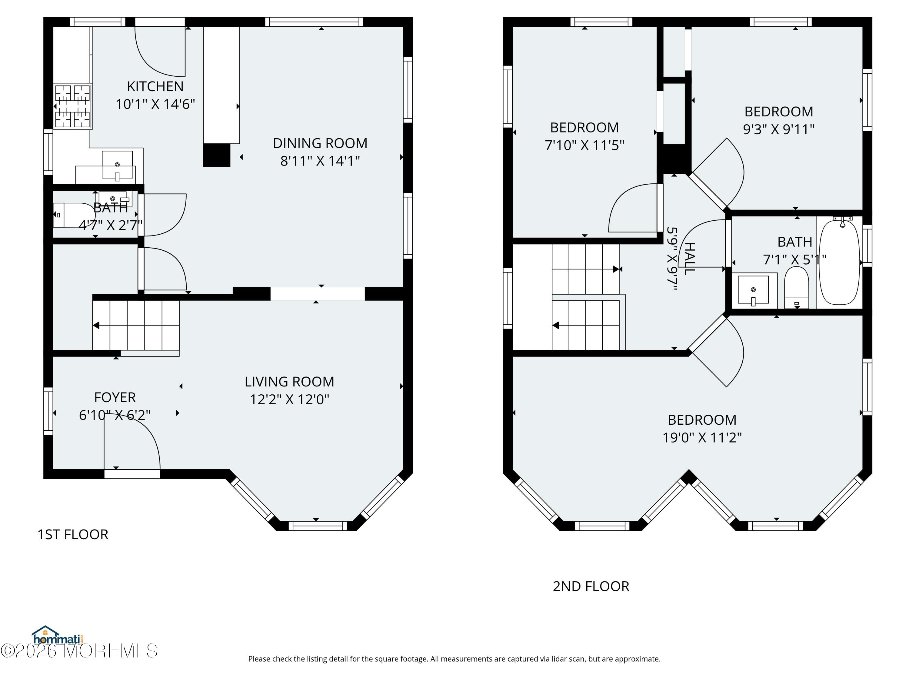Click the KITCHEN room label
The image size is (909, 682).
pyautogui.click(x=155, y=86)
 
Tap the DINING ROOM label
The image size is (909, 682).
pyautogui.click(x=320, y=143)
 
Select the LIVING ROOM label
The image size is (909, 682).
pyautogui.click(x=289, y=382)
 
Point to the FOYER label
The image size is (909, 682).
pyautogui.click(x=115, y=397)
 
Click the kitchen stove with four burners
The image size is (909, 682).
pyautogui.click(x=72, y=106)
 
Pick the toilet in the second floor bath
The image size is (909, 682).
pyautogui.click(x=796, y=287)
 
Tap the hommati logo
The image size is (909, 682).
pyautogui.click(x=58, y=636)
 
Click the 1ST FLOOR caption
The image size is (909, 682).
pyautogui.click(x=73, y=534)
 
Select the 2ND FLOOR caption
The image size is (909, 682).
pyautogui.click(x=591, y=586)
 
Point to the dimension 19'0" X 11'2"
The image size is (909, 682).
pyautogui.click(x=702, y=437)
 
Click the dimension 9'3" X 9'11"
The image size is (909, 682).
pyautogui.click(x=779, y=129)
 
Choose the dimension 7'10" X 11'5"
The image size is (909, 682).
pyautogui.click(x=584, y=145)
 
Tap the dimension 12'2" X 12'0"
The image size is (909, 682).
pyautogui.click(x=289, y=399)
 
